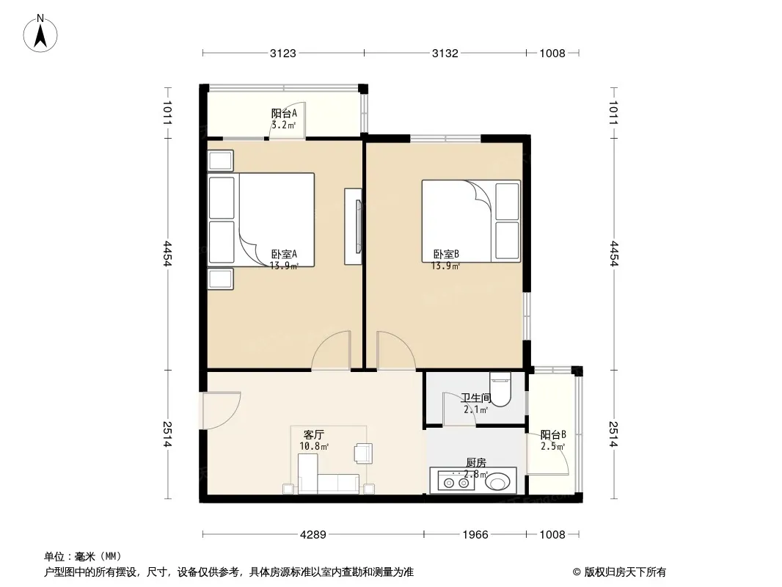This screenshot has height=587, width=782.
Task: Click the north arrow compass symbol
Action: [40, 34]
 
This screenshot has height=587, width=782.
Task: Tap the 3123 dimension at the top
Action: [282, 54]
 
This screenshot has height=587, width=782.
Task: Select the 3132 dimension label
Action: [445, 54]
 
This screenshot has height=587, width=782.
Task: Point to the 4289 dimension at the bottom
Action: [313, 535]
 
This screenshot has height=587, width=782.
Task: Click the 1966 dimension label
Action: [475, 535]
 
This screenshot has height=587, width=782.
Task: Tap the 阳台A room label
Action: [284, 113]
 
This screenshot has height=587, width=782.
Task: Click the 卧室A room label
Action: [284, 254]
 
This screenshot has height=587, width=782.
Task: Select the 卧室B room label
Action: [446, 254]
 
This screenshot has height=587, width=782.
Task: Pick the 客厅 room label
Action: [314, 434]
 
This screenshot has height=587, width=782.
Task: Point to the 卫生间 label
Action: [476, 398]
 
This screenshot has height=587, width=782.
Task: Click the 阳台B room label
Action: [553, 434]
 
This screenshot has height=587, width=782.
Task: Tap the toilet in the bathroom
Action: [500, 389]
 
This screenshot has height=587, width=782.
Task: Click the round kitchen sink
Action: [497, 482]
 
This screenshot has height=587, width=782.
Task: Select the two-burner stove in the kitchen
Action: [456, 482]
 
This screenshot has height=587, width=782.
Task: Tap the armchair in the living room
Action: [362, 453]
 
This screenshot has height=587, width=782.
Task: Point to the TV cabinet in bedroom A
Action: [353, 227]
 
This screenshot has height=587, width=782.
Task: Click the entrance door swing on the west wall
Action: [222, 410]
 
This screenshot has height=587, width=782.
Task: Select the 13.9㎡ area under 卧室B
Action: [445, 266]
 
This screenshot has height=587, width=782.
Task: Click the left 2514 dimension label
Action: [167, 434]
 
